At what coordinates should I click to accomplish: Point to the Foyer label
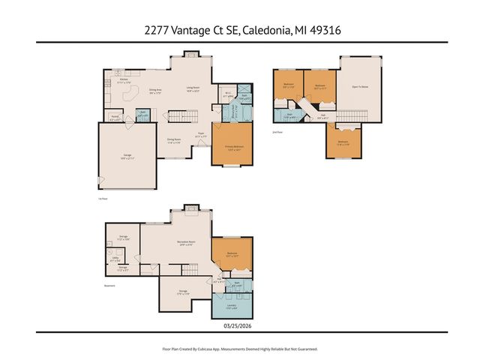[x=201, y=134]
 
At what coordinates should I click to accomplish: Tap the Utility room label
[x=116, y=256]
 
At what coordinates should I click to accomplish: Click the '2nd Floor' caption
[x=277, y=133]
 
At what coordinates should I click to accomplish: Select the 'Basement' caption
[x=109, y=284]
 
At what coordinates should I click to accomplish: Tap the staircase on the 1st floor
[x=181, y=117]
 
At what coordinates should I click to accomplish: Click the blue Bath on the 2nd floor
[x=289, y=115]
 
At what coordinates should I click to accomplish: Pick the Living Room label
[x=193, y=88]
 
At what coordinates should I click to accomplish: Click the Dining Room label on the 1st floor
[x=172, y=140]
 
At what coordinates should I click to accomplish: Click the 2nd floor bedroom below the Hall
[x=343, y=142]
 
